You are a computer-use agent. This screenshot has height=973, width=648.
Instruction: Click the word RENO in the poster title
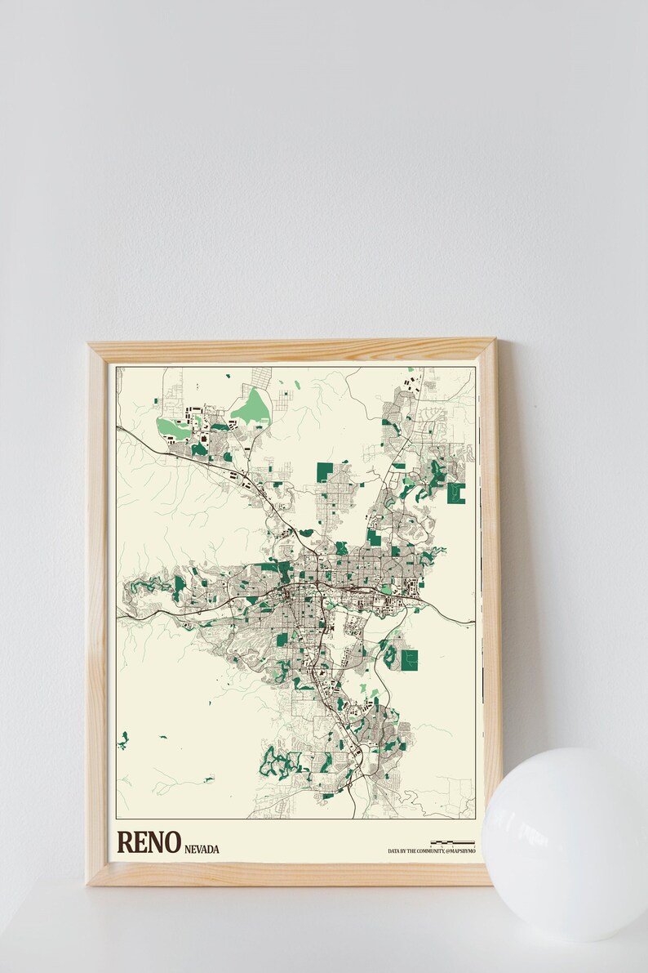148,842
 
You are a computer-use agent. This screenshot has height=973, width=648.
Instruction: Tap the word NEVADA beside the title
202,849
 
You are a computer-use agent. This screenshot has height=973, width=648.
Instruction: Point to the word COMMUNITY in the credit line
428,851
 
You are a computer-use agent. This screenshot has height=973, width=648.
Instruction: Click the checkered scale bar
452,842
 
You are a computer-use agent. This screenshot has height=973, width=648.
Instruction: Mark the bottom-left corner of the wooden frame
90,882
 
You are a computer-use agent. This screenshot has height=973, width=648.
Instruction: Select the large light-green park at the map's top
253,406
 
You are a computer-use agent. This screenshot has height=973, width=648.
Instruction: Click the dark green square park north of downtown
325,471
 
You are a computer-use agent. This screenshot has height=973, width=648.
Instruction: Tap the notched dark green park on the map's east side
456,493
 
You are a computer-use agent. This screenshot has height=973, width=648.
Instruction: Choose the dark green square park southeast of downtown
409,659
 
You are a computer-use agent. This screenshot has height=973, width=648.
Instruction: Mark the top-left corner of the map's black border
116,368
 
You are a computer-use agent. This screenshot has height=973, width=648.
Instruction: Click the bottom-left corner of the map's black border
116,818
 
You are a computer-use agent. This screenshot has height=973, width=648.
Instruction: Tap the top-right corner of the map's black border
475,368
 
